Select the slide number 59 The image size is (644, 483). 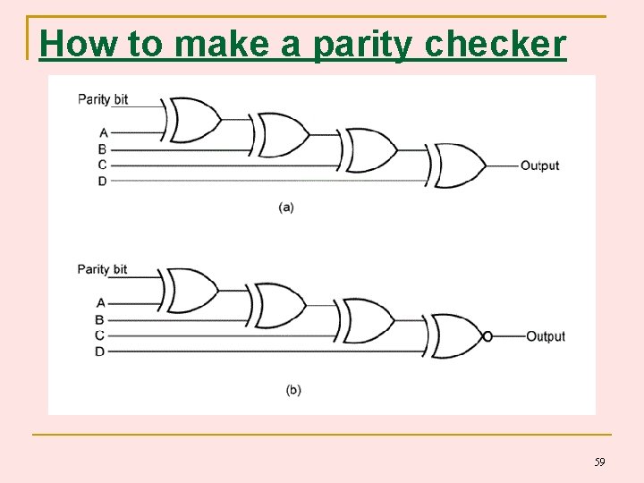point(599,462)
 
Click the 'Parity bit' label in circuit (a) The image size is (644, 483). point(103,99)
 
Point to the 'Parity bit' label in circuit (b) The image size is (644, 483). point(102,269)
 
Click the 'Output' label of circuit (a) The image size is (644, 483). point(539,165)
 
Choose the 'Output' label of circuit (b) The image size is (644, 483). point(545,336)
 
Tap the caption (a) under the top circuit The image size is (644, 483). point(286,207)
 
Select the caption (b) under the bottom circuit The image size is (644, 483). point(293,390)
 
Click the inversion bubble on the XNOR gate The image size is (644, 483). point(487,336)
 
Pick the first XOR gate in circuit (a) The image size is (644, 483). point(193,119)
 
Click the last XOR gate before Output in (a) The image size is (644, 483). point(458,165)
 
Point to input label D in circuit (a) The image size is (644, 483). point(102,181)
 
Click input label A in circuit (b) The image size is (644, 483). point(100,303)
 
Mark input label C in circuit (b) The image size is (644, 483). point(100,335)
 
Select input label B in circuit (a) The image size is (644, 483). point(102,148)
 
